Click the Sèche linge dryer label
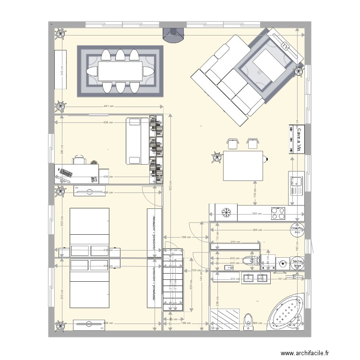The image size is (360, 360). click(x=298, y=264)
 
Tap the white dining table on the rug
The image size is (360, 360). click(x=120, y=71)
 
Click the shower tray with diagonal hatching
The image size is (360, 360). click(x=226, y=319)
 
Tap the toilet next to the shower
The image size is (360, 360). click(x=248, y=320)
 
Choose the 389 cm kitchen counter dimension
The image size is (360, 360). click(x=257, y=214)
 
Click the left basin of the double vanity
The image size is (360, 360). click(x=248, y=277)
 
